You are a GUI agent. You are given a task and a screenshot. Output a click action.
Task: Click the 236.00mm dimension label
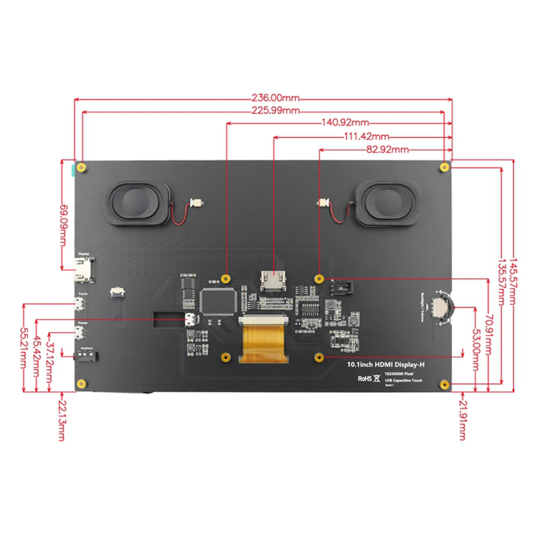click(x=275, y=98)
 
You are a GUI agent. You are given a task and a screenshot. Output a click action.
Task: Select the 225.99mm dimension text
click(x=275, y=110)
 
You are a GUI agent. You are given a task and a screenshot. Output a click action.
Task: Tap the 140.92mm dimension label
click(x=345, y=122)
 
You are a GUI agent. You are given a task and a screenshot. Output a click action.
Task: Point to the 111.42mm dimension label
click(x=367, y=136)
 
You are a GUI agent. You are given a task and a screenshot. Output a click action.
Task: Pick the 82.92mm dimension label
click(x=388, y=149)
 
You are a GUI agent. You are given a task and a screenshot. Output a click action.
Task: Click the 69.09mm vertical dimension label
click(x=63, y=225)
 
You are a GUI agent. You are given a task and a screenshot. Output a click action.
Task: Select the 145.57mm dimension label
click(x=512, y=282)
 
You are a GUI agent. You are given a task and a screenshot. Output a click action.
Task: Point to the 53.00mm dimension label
click(x=475, y=350)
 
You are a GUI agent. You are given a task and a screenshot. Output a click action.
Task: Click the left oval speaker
click(x=136, y=204)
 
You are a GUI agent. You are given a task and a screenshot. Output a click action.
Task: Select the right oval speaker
click(x=388, y=204)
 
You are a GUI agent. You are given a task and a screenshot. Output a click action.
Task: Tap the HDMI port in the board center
click(x=273, y=281)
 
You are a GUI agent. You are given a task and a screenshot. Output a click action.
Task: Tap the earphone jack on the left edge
click(x=86, y=355)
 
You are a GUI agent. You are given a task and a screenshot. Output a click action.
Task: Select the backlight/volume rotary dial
click(x=441, y=307)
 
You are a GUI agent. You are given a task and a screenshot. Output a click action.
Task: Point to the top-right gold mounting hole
click(x=444, y=167)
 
